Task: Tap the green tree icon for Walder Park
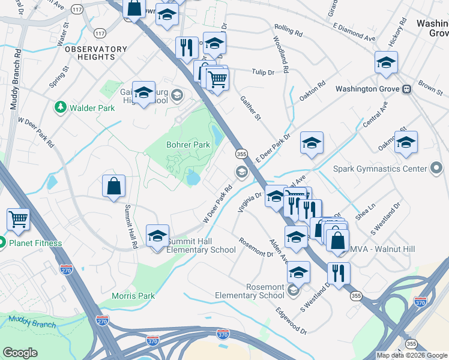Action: point(60,108)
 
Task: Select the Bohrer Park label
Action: point(188,145)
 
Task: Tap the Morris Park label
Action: point(133,296)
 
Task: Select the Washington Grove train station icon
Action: point(407,89)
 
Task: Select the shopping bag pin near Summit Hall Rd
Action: point(113,187)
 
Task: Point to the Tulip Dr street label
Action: point(262,72)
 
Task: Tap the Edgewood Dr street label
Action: point(291,322)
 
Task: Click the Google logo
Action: point(20,353)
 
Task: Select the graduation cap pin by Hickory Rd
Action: point(386,62)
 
